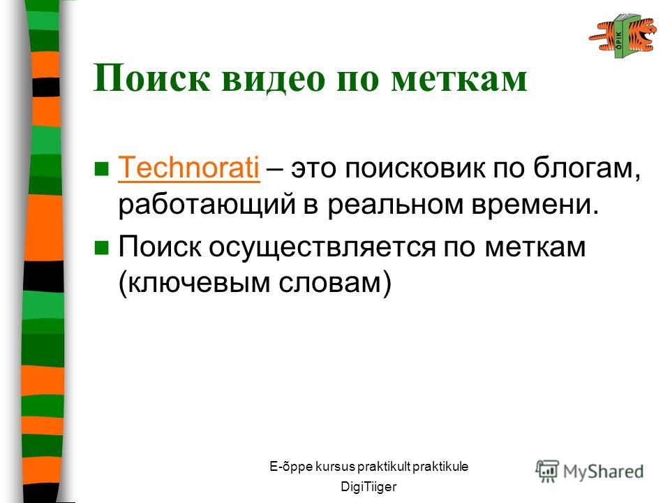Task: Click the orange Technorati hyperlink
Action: (188, 168)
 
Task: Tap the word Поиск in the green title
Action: (152, 78)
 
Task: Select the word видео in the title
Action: (274, 78)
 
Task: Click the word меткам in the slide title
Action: (459, 79)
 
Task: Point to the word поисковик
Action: (414, 168)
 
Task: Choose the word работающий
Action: (207, 205)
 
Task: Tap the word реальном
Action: (396, 205)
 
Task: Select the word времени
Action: (535, 205)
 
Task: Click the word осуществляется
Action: (322, 247)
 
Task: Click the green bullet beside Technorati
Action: (101, 168)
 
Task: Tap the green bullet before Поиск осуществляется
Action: (101, 247)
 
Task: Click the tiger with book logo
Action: (623, 36)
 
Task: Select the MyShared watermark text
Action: (603, 472)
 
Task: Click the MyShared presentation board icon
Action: (547, 470)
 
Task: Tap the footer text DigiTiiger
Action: (368, 487)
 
